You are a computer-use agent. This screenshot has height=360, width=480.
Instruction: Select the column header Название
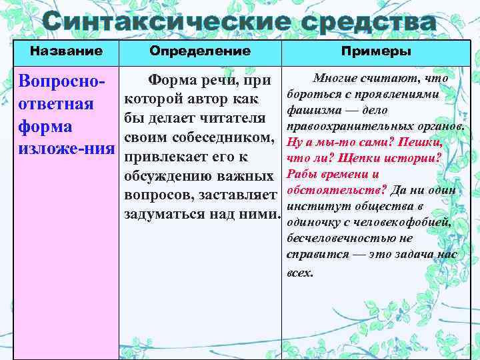coord(66,51)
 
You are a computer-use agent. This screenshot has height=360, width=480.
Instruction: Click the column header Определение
coord(200,51)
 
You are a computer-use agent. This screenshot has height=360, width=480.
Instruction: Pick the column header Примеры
coord(376,51)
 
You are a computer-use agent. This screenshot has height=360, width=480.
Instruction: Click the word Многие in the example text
coord(336,79)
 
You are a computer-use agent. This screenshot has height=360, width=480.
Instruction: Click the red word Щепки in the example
coord(358,158)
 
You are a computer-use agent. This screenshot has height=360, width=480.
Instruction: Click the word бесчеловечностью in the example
coord(337,238)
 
